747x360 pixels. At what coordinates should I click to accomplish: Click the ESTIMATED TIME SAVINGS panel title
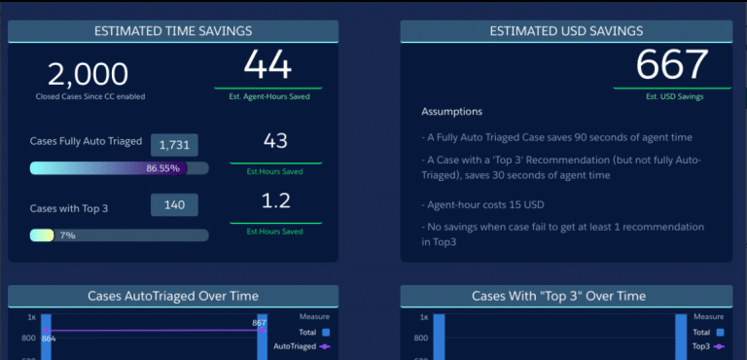pos(173,31)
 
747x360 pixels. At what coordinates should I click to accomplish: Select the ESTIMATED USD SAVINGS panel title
pos(565,31)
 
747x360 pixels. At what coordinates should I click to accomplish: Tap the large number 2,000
pos(88,74)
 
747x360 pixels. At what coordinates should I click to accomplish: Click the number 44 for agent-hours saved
pos(267,66)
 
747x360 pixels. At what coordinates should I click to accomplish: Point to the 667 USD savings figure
pos(672,65)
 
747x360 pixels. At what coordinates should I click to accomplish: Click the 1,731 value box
pos(174,145)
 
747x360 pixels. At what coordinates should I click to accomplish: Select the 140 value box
pos(174,205)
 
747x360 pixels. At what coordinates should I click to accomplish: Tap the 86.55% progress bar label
pos(162,168)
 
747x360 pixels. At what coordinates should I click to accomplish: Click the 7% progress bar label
pos(67,235)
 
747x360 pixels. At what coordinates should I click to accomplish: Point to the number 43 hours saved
pos(275,141)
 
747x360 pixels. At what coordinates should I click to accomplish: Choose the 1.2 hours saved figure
pos(275,201)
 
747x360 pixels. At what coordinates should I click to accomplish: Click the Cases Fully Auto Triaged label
pos(86,142)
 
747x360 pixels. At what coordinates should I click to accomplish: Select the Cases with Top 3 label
pos(68,208)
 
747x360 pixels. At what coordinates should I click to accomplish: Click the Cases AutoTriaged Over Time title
pos(173,296)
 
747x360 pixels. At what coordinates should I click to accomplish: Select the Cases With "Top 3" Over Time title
pos(565,296)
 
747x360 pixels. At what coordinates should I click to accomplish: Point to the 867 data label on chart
pos(259,323)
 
